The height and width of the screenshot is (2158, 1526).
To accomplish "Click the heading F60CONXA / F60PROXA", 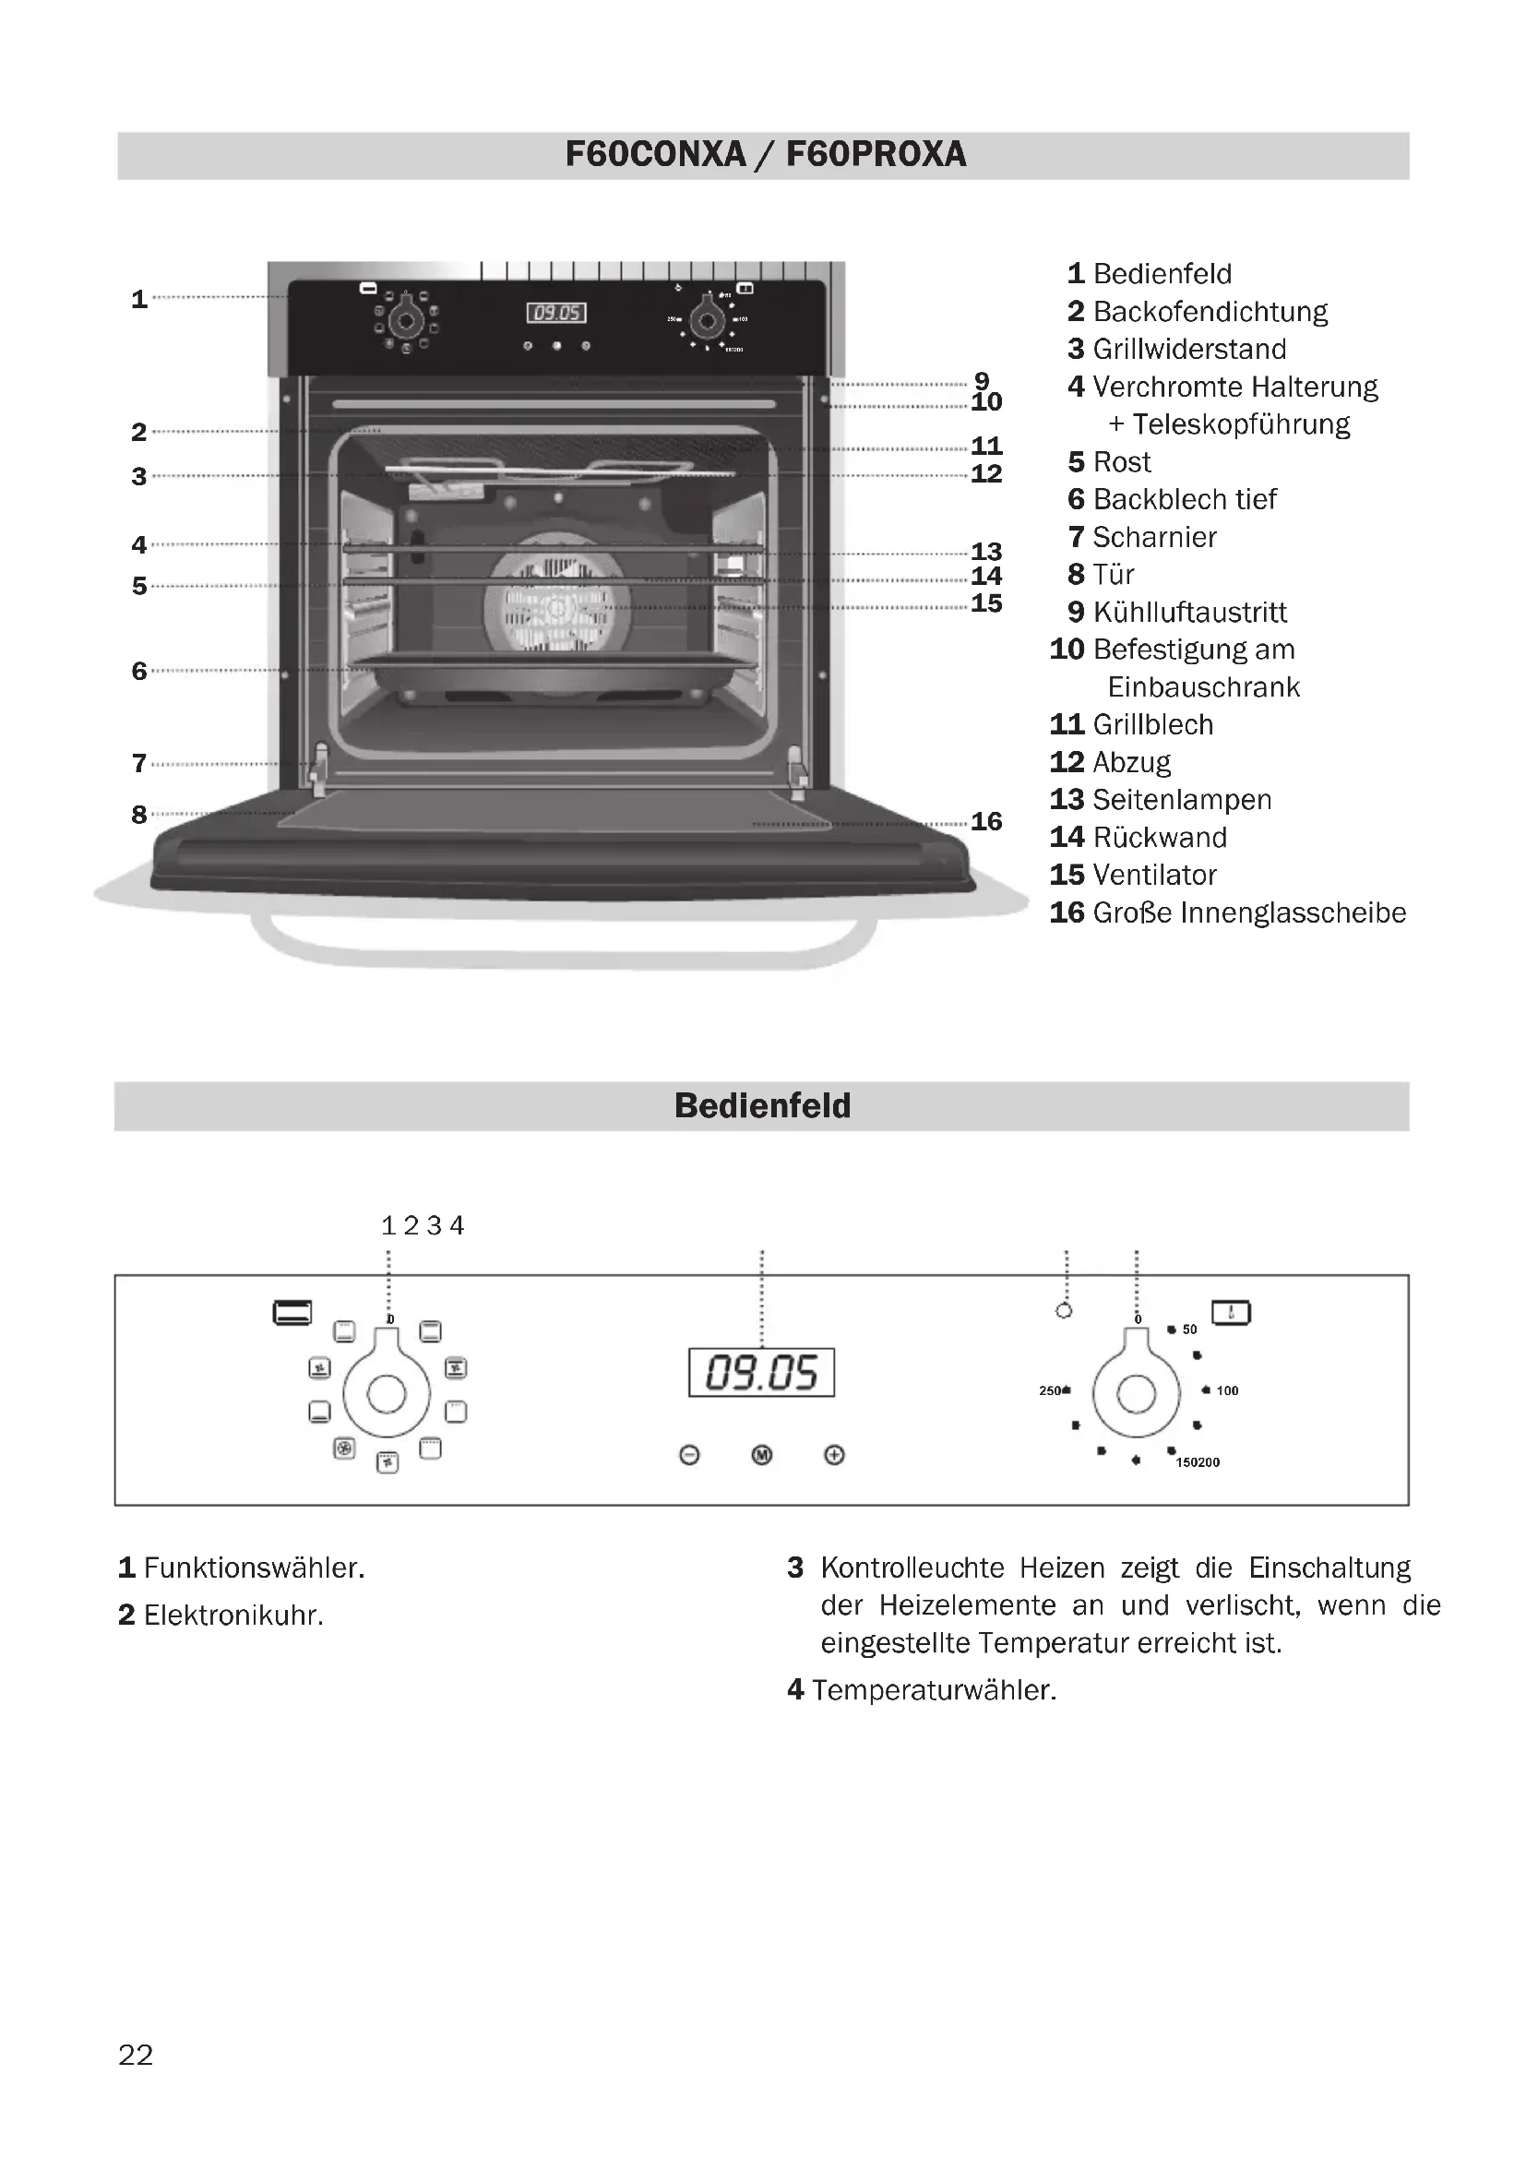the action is (x=765, y=154).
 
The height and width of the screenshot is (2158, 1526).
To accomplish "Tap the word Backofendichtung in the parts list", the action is (x=1210, y=311).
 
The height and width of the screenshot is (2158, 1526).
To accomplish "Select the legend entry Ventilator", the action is (x=1155, y=875).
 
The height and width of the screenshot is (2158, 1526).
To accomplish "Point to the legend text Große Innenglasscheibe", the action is (x=1250, y=912).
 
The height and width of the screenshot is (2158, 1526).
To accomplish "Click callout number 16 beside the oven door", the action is (x=986, y=821).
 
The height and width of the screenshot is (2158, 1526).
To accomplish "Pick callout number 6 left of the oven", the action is (x=139, y=671).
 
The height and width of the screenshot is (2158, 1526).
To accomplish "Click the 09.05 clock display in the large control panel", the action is (x=761, y=1373).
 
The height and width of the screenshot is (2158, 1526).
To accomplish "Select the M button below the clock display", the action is (x=762, y=1455).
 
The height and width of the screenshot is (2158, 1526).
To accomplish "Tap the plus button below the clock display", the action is (x=833, y=1455).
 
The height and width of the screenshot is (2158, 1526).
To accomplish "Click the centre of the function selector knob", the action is (x=387, y=1394).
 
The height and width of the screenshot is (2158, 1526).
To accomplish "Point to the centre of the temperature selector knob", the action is (x=1136, y=1394).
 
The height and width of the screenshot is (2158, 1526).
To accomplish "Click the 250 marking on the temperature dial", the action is (x=1051, y=1390).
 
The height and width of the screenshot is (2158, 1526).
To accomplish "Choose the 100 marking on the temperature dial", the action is (x=1226, y=1390).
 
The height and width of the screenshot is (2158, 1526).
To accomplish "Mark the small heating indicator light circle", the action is (x=1064, y=1310).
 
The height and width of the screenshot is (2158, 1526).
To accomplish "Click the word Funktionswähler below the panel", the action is (x=254, y=1568).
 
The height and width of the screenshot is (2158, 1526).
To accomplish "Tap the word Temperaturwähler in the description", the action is (x=934, y=1690).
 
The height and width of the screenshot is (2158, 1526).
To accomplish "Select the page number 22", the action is (x=136, y=2056).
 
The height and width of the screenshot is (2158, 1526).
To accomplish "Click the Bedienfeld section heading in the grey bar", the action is (x=762, y=1106).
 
